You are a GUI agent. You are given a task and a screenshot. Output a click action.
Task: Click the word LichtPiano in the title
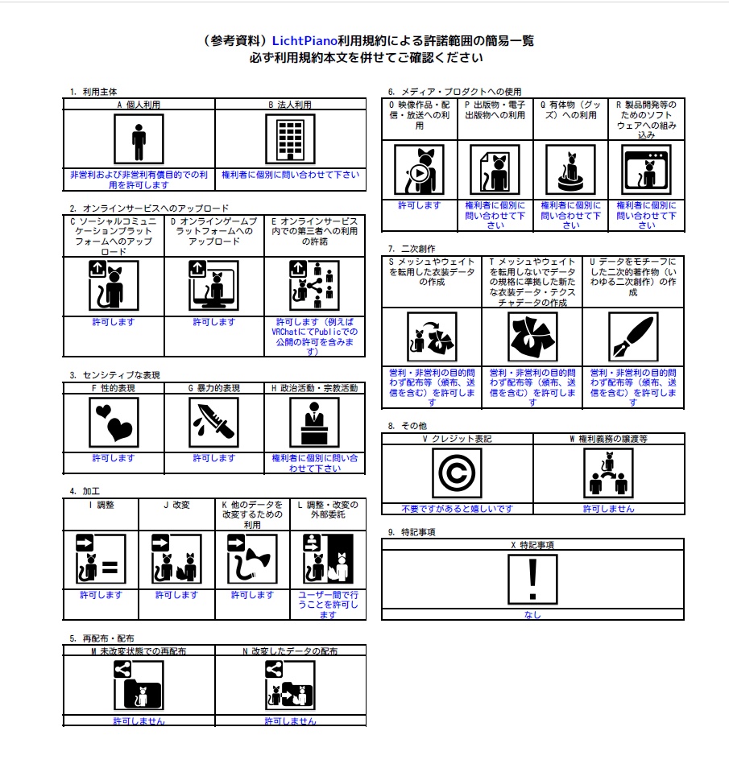pyautogui.click(x=304, y=41)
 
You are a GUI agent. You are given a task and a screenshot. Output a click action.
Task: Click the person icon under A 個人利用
pyautogui.click(x=139, y=139)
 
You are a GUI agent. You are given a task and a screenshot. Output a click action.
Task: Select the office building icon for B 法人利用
pyautogui.click(x=290, y=139)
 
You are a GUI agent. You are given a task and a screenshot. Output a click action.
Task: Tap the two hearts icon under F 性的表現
pyautogui.click(x=114, y=422)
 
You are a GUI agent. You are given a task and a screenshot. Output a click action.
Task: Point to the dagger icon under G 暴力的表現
pyautogui.click(x=213, y=422)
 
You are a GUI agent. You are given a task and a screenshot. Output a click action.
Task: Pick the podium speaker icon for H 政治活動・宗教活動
pyautogui.click(x=314, y=422)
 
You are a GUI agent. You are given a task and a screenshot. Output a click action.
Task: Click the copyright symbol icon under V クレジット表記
pyautogui.click(x=457, y=473)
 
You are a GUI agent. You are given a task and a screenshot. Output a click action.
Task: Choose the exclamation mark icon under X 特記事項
pyautogui.click(x=532, y=580)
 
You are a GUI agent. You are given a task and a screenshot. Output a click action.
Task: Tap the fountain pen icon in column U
pyautogui.click(x=633, y=337)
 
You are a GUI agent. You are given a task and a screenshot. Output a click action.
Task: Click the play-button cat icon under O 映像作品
pyautogui.click(x=420, y=170)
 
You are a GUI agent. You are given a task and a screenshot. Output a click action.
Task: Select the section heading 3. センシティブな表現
pyautogui.click(x=115, y=375)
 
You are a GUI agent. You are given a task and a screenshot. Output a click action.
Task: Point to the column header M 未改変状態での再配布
pyautogui.click(x=139, y=651)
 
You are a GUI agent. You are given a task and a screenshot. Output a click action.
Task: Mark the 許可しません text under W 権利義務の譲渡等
pyautogui.click(x=608, y=509)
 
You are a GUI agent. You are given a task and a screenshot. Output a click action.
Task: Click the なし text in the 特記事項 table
pyautogui.click(x=532, y=615)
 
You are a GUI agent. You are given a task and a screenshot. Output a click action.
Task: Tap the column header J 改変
pyautogui.click(x=176, y=505)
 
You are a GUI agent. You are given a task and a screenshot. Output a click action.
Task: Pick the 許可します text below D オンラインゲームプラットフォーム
pyautogui.click(x=214, y=322)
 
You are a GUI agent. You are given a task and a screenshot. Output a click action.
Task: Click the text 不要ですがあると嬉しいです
pyautogui.click(x=458, y=509)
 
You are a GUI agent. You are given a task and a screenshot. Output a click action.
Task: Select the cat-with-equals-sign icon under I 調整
pyautogui.click(x=101, y=559)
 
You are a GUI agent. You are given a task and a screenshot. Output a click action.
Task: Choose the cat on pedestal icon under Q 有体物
pyautogui.click(x=570, y=170)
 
